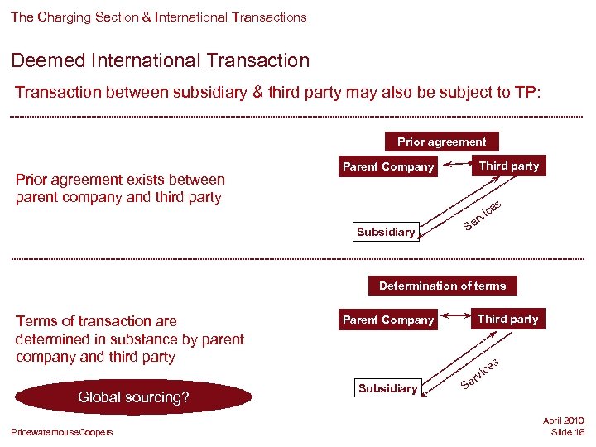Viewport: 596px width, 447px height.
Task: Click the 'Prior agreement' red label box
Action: pos(442,142)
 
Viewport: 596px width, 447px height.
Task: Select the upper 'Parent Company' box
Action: pos(388,166)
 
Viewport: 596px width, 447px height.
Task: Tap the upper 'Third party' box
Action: pos(508,166)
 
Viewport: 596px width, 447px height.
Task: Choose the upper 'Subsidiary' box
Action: pos(386,232)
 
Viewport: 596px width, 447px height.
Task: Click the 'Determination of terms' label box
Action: pos(442,286)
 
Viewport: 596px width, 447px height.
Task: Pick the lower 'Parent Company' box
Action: pos(388,320)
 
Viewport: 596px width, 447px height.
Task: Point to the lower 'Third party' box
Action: pos(507,319)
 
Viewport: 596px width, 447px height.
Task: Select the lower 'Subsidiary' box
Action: pos(387,388)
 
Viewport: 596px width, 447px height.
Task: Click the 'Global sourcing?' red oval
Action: pos(133,397)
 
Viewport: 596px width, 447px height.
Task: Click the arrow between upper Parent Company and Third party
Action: pos(456,166)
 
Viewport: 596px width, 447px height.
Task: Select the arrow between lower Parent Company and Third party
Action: pos(456,320)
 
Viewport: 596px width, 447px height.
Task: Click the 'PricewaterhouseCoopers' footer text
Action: pos(62,433)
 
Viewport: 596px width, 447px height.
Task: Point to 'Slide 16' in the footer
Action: pos(567,433)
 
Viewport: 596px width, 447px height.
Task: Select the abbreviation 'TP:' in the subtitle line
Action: pos(527,93)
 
